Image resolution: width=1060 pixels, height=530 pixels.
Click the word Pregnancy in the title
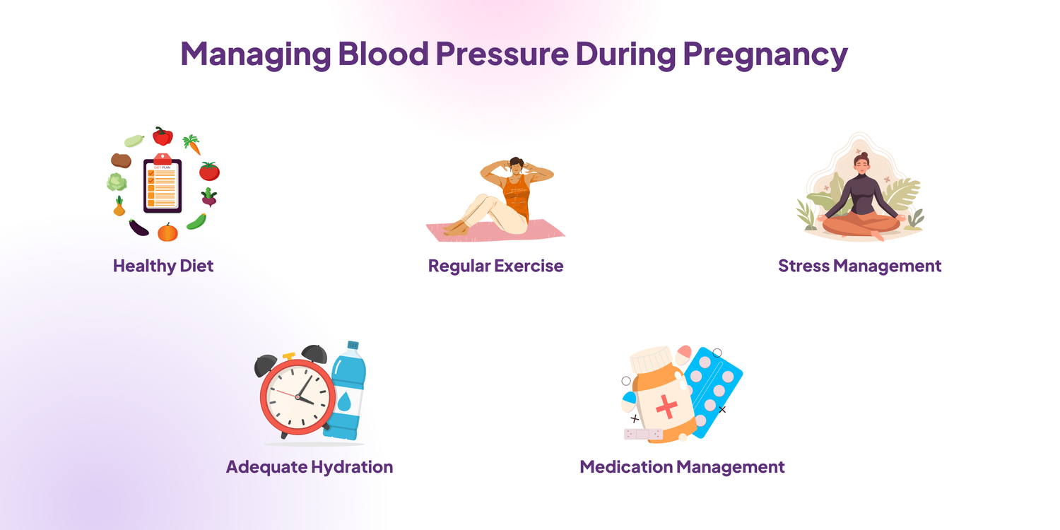pos(765,54)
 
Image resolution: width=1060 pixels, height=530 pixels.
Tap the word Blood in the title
pos(383,53)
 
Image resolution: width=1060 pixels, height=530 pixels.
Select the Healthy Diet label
pos(163,266)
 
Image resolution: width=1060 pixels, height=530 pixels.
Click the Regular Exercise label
pos(495,266)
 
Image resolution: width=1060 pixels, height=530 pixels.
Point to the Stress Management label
pos(860,266)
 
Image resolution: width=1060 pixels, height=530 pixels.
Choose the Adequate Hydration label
pos(310,466)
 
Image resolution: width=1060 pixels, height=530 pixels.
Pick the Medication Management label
pos(682,466)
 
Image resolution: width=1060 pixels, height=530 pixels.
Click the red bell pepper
pos(163,136)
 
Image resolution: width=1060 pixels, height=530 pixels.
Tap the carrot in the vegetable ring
pos(193,144)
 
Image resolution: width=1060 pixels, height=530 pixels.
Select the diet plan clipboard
pos(163,184)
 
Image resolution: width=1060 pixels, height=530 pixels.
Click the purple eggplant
pos(139,228)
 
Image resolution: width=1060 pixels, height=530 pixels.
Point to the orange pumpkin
pos(167,232)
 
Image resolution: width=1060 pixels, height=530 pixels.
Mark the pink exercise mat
pos(495,230)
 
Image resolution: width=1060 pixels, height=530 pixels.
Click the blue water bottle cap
pos(353,345)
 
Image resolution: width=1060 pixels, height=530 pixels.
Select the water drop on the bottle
pos(344,401)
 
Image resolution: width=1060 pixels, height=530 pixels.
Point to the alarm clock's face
pos(298,397)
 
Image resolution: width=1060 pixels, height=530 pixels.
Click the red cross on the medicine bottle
pos(666,407)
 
